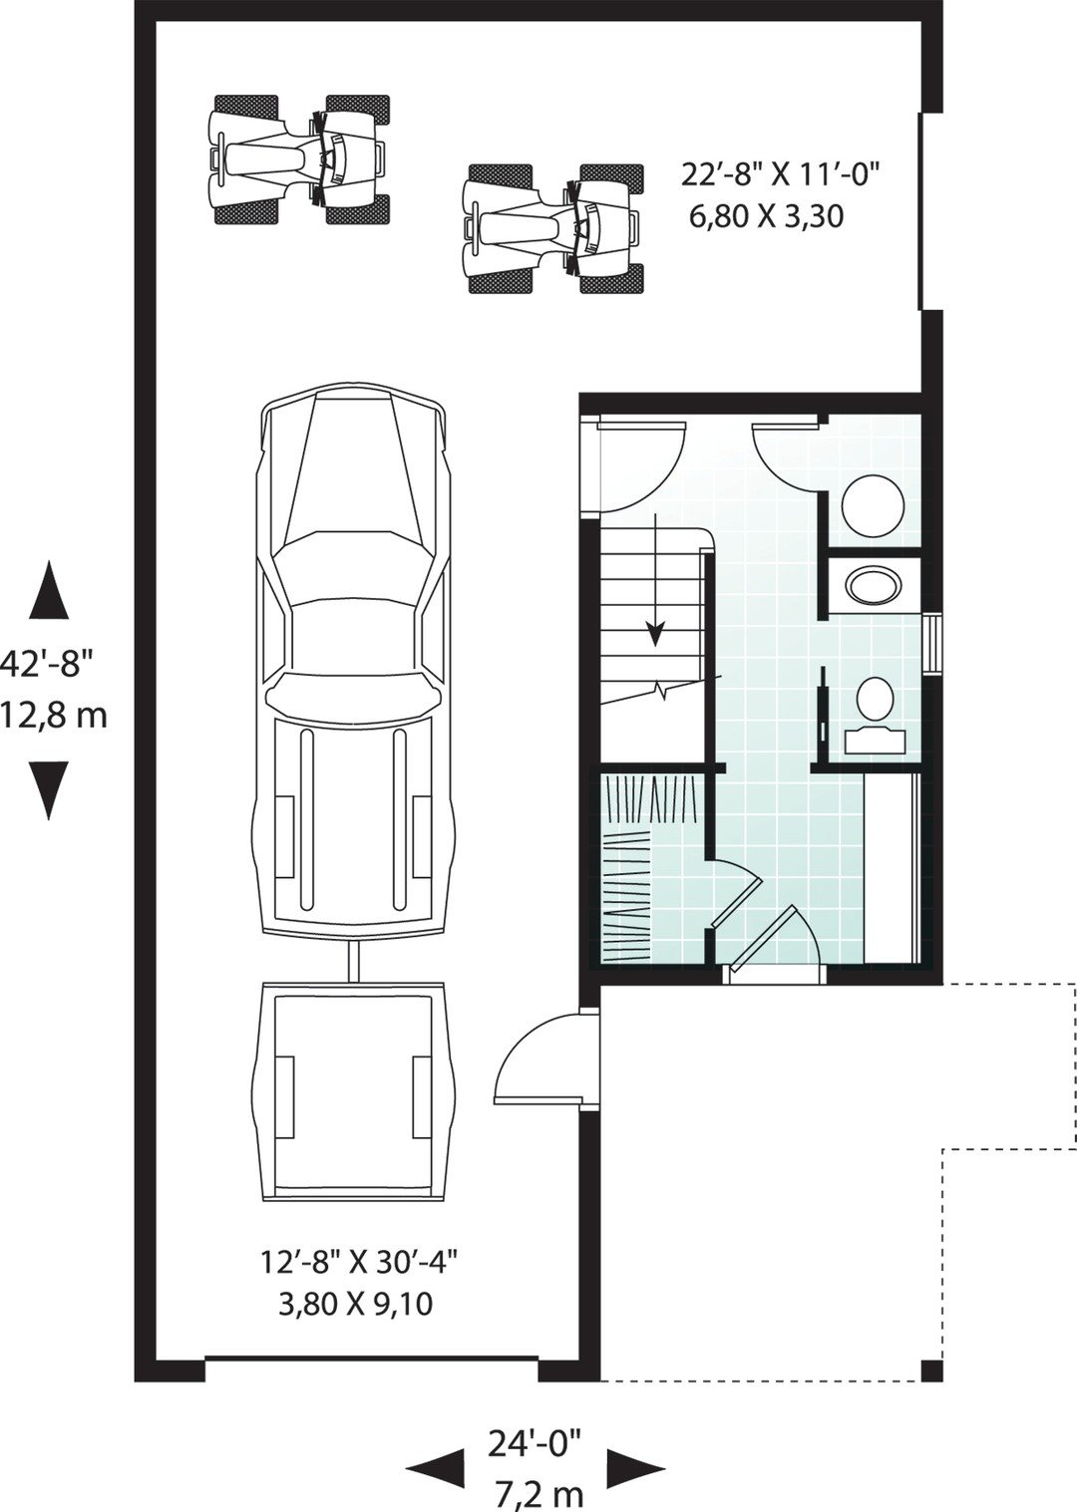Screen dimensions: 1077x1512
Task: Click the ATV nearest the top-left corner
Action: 298,157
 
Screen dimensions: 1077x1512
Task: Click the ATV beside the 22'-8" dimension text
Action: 552,229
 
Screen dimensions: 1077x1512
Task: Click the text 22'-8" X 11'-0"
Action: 781,175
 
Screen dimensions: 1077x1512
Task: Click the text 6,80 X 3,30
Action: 766,215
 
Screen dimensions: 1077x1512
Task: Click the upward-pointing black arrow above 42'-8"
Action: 48,591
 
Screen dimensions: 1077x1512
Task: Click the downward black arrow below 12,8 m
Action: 48,789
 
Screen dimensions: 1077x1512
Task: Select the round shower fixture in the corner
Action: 873,504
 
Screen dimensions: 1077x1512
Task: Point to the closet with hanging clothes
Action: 648,867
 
